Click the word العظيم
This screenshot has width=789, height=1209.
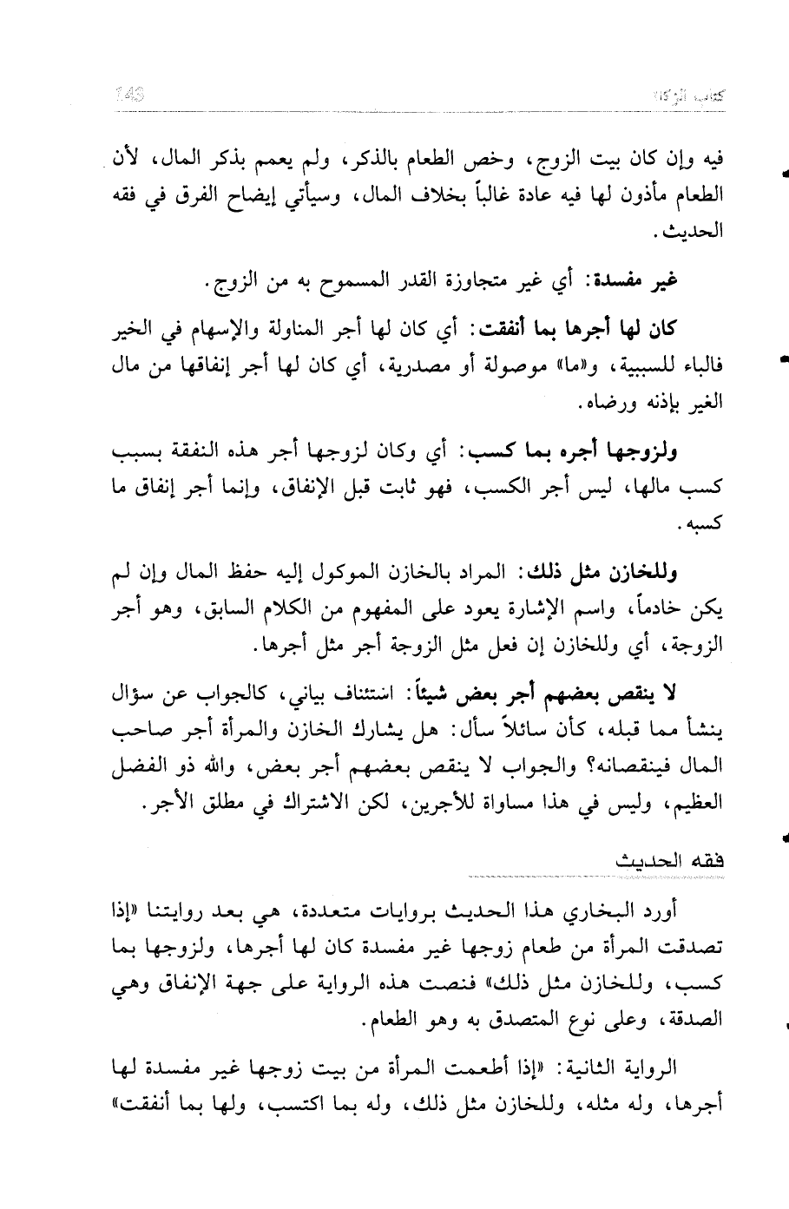pyautogui.click(x=694, y=804)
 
